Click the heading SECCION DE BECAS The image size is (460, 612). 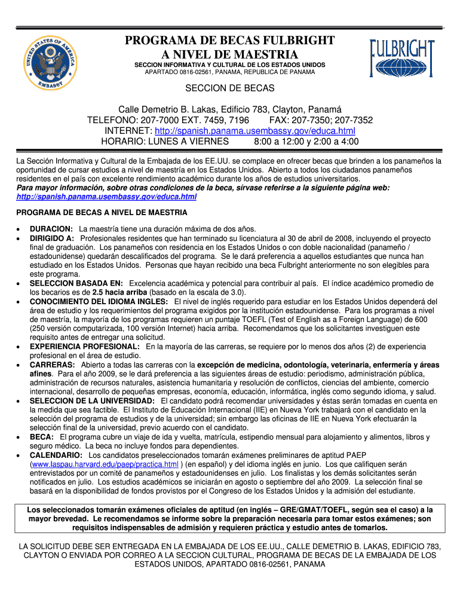pos(230,88)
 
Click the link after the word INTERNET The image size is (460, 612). pos(254,131)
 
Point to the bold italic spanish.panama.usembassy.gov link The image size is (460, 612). pos(106,197)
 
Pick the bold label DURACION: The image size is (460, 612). pos(51,229)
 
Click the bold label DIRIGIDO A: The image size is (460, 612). pos(52,238)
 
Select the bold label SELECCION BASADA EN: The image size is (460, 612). pos(76,283)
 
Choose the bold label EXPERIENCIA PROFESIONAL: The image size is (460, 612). pos(84,347)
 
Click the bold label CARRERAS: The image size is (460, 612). pos(53,365)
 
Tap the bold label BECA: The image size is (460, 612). pos(42,437)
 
